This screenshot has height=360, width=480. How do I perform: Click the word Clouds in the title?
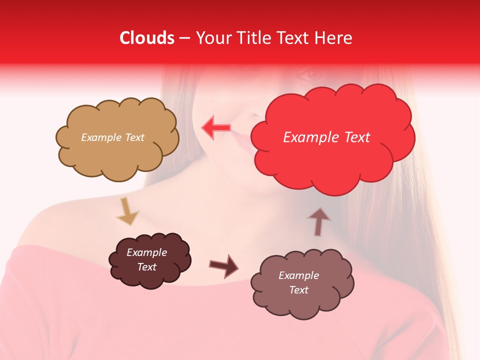point(147,38)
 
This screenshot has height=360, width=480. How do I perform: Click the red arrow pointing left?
point(216,127)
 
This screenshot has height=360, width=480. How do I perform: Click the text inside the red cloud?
point(326,137)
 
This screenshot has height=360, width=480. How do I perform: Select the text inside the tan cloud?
point(112,137)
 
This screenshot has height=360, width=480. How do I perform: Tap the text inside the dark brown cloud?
point(146,259)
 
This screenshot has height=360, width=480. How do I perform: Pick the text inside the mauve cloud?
point(298,282)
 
